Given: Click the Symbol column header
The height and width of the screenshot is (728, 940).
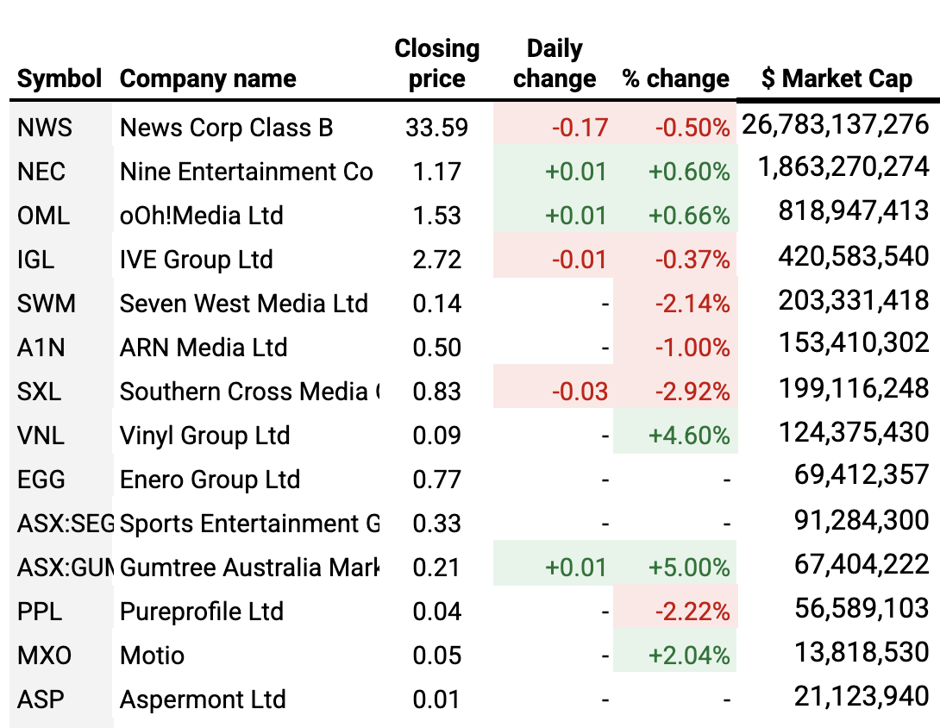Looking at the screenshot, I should coord(60,79).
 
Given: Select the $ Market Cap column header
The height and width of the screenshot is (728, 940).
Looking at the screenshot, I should coord(837,79).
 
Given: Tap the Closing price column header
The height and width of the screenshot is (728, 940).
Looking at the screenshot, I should coord(436,64).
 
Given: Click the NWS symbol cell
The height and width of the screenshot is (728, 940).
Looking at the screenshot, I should coord(45,128).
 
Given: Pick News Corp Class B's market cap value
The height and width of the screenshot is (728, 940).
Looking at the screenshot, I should coord(836,125).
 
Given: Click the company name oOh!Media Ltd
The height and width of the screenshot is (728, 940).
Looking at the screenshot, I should coord(201,216).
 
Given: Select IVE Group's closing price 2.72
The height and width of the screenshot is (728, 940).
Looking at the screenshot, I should coord(436,260).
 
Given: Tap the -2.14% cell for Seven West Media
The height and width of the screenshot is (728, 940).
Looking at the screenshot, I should coord(692,304).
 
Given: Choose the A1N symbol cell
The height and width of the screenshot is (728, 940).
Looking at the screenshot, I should coord(41,348).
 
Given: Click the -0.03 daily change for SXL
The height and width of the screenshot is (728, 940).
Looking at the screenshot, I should coord(580,392).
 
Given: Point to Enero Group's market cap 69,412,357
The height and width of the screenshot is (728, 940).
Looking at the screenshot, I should coord(861,474).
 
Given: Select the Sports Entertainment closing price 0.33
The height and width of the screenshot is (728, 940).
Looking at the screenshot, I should coord(436,524).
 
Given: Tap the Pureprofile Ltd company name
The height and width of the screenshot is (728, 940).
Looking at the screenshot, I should coord(201,612).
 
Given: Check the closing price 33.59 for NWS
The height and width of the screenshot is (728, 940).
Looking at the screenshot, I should coord(436,128).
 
